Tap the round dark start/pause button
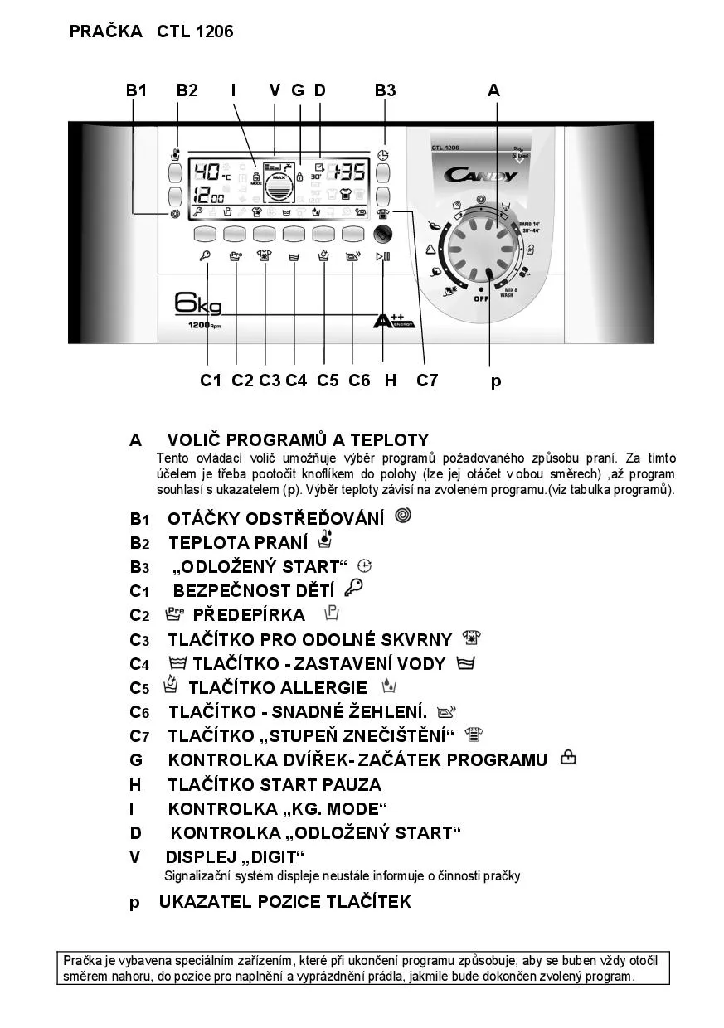tap(382, 234)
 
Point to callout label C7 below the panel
tap(427, 381)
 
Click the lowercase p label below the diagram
tap(496, 381)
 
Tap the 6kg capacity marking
tap(198, 305)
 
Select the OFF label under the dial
tap(481, 298)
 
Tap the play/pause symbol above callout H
tap(382, 256)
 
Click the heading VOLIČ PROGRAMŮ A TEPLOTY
tap(298, 440)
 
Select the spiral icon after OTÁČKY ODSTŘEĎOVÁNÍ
tap(403, 516)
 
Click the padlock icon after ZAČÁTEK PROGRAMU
tap(568, 757)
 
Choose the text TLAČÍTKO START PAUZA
tap(275, 784)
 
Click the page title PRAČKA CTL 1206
tap(152, 32)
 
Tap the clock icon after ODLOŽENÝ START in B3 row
tap(364, 566)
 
